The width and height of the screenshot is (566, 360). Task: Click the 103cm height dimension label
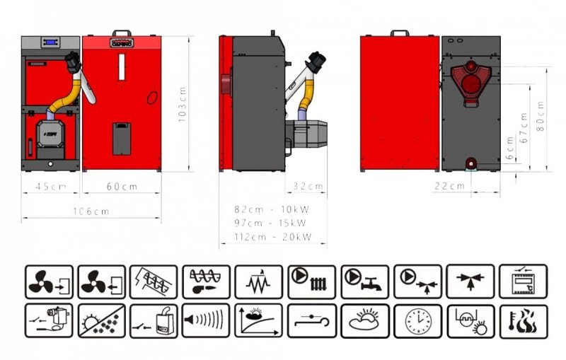[x=183, y=104]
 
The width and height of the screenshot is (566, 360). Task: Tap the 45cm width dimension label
[x=51, y=187]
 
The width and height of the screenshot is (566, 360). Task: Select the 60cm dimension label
[x=122, y=187]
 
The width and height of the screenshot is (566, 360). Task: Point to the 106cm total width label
[x=91, y=211]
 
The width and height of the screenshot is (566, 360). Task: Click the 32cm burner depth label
[x=308, y=186]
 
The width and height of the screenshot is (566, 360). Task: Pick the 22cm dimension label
[x=449, y=186]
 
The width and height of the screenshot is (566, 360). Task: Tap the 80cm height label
[x=541, y=116]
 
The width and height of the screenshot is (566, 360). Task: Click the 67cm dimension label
[x=524, y=128]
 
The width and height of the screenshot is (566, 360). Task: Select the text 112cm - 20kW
[x=272, y=237]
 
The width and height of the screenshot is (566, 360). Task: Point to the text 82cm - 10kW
[x=272, y=209]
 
